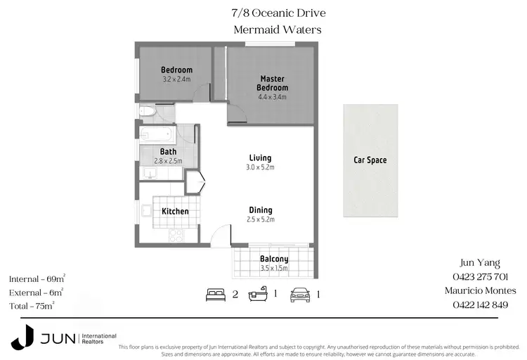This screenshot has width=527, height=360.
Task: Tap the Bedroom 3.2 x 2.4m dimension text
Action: [x=176, y=79]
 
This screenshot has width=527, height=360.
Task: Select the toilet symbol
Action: [x=148, y=111]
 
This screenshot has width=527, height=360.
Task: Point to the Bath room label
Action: [x=168, y=151]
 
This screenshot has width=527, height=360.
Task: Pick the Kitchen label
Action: [x=175, y=211]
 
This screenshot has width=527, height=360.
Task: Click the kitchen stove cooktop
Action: [x=176, y=236]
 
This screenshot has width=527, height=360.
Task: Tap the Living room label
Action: [x=260, y=157]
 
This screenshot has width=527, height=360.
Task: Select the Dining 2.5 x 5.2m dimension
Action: [x=260, y=220]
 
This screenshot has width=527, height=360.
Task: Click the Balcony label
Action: [x=274, y=259]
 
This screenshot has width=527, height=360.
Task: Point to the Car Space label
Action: [x=370, y=160]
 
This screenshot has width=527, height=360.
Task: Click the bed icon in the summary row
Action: [x=215, y=295]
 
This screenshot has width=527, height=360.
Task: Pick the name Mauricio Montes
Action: [x=481, y=290]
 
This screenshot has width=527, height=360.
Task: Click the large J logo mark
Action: [x=22, y=337]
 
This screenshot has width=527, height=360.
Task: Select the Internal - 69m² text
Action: [x=37, y=279]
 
